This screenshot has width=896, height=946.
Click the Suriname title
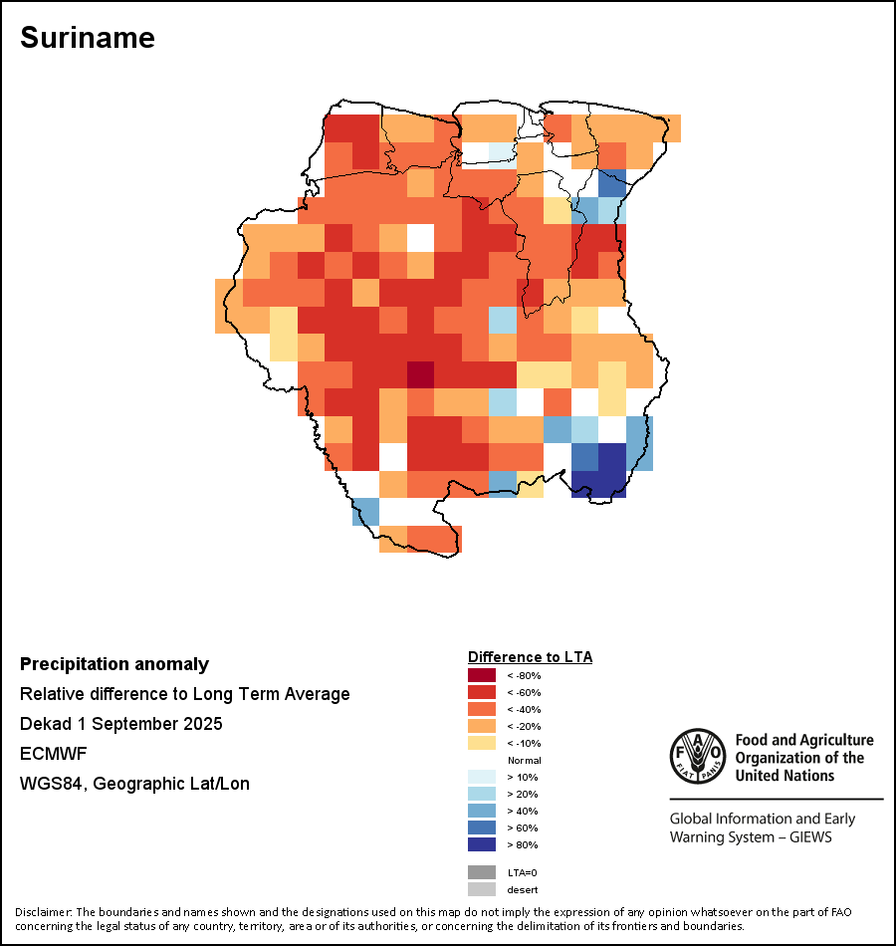(x=88, y=38)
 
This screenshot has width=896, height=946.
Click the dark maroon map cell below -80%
(x=421, y=374)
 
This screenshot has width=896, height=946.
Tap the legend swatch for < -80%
(x=482, y=675)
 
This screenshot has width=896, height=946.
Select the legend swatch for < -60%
(x=482, y=692)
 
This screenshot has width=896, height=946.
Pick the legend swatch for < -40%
(x=482, y=709)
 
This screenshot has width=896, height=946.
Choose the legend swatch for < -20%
(x=482, y=726)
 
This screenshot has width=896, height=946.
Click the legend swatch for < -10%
(x=482, y=743)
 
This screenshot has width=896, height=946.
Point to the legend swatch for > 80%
(x=482, y=844)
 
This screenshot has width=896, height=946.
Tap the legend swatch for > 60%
(x=482, y=828)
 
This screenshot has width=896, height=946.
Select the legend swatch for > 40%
(x=482, y=811)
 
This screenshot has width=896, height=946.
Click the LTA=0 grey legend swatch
(x=482, y=872)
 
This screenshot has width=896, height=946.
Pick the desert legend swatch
(x=482, y=889)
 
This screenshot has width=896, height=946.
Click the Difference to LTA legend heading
(x=530, y=657)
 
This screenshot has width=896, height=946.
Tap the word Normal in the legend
(x=524, y=760)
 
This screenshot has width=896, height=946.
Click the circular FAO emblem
(x=697, y=758)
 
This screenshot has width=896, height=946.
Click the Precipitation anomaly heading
(x=114, y=664)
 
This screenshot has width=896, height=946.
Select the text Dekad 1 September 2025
(x=120, y=724)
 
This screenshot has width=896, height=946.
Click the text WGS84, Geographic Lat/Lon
(x=134, y=784)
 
